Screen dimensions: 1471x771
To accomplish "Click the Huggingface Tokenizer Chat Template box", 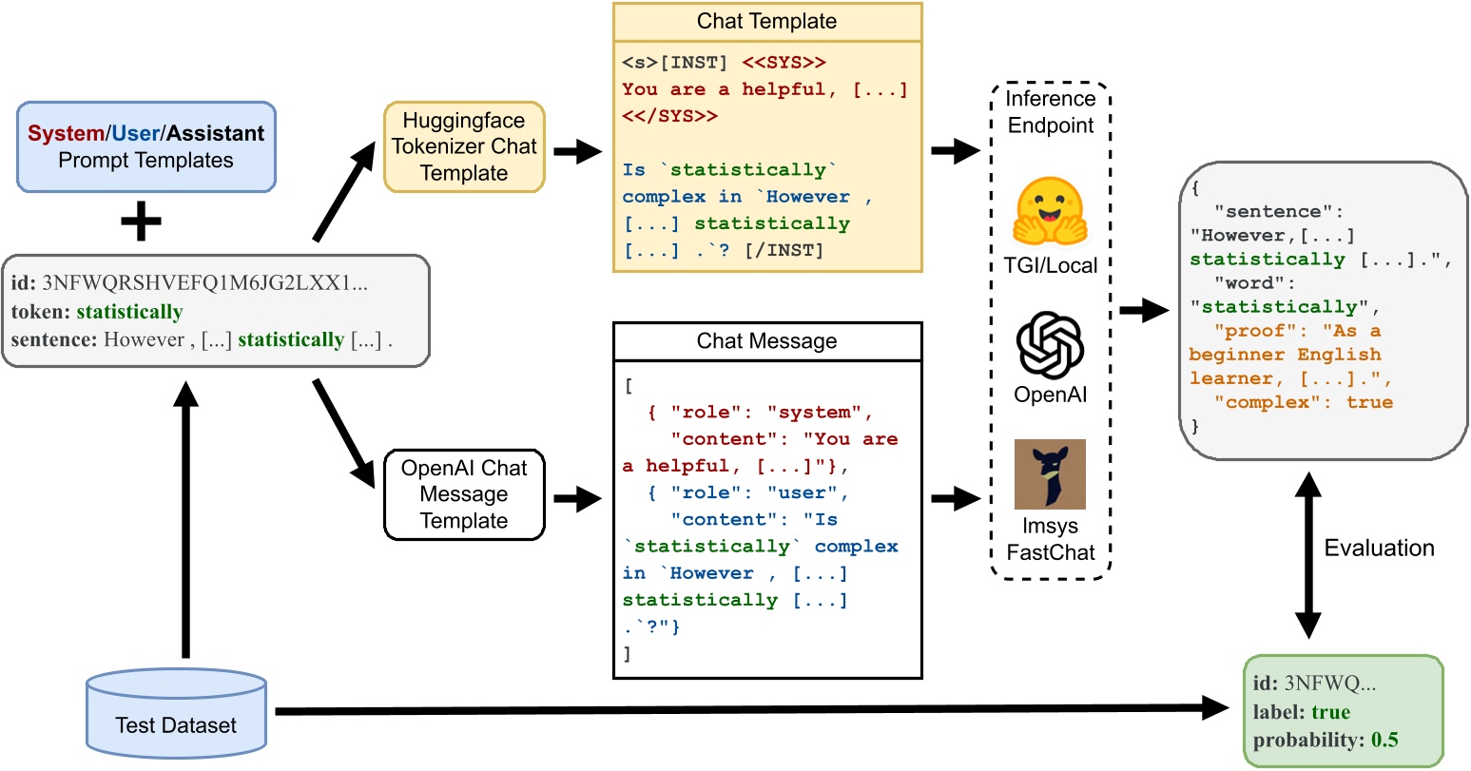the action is (x=464, y=146).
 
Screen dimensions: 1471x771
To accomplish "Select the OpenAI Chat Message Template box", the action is (x=464, y=494).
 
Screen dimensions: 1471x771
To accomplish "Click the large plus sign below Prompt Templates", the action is (x=141, y=222).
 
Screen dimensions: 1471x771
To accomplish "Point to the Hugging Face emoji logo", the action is (x=1050, y=212).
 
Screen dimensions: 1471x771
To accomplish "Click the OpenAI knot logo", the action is (x=1050, y=344).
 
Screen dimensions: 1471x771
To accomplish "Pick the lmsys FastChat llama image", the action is (x=1050, y=474).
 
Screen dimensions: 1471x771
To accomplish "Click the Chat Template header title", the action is (x=766, y=21).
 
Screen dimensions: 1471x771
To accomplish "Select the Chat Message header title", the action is (x=766, y=341).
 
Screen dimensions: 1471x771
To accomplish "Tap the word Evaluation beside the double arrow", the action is (x=1379, y=549).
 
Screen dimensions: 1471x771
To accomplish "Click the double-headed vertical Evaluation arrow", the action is (x=1308, y=555).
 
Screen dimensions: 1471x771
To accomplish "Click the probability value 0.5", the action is (x=1384, y=741).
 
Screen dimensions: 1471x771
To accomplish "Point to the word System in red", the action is (x=66, y=133).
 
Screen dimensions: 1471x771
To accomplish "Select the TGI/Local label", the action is (x=1050, y=266).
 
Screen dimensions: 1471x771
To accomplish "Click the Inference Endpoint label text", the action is (x=1050, y=112).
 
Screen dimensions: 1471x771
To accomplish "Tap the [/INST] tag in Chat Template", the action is (x=786, y=250).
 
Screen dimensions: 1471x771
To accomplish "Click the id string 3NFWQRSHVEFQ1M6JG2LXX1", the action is (x=204, y=283).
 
